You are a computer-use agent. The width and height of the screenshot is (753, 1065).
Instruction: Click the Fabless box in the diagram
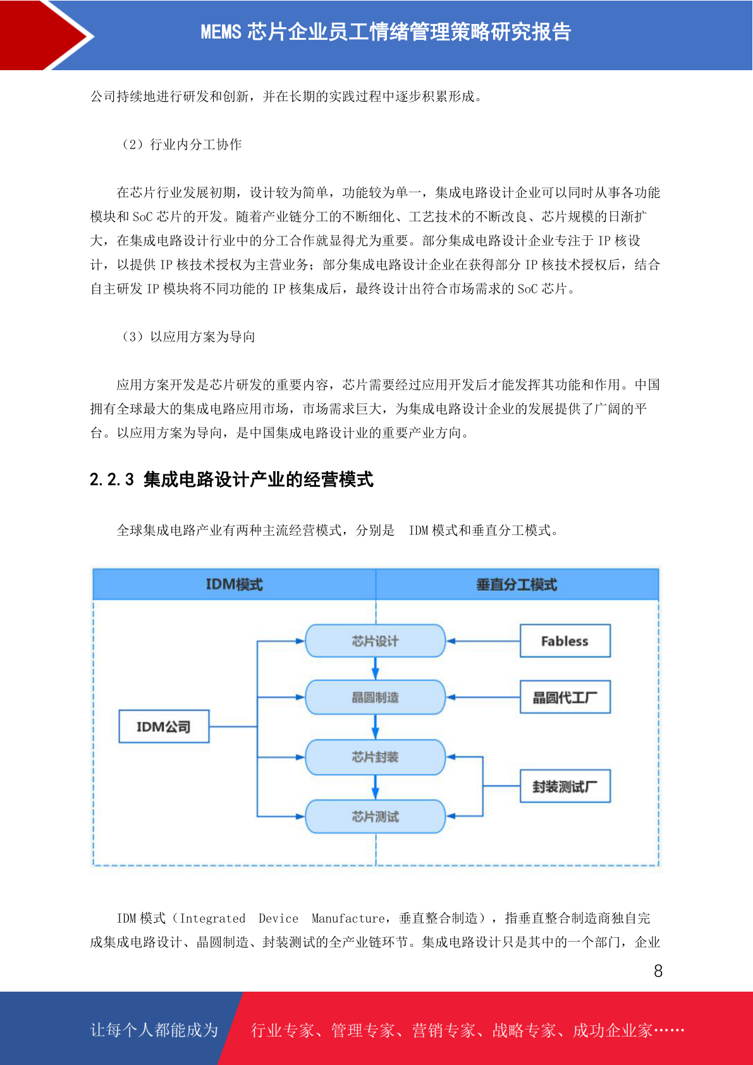pyautogui.click(x=565, y=641)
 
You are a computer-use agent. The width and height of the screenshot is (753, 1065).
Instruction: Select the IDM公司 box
pyautogui.click(x=164, y=727)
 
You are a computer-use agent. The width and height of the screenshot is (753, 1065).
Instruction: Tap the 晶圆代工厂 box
pyautogui.click(x=565, y=697)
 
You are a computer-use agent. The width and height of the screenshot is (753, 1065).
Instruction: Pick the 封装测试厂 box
pyautogui.click(x=565, y=786)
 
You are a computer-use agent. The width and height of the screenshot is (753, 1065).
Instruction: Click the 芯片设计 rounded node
pyautogui.click(x=376, y=641)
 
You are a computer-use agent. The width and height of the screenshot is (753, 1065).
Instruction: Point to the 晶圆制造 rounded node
pyautogui.click(x=376, y=697)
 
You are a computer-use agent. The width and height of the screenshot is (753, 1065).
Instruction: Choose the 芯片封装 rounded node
pyautogui.click(x=376, y=757)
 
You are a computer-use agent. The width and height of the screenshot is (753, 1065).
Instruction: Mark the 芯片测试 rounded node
pyautogui.click(x=376, y=816)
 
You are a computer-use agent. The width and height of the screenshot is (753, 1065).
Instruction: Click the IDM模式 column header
pyautogui.click(x=235, y=584)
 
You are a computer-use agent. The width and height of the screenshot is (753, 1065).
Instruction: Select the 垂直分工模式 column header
pyautogui.click(x=517, y=584)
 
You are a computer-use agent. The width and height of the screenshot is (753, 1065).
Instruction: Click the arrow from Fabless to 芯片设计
pyautogui.click(x=483, y=641)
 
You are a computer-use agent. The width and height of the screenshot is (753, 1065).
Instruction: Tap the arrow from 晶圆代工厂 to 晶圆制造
pyautogui.click(x=483, y=697)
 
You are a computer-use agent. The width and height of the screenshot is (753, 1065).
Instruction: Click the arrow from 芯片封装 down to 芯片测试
pyautogui.click(x=376, y=787)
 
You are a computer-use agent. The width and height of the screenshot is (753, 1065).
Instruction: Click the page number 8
pyautogui.click(x=658, y=971)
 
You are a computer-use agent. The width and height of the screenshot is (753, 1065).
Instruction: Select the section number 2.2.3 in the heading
pyautogui.click(x=112, y=479)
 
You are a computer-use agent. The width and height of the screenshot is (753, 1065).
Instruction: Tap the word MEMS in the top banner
pyautogui.click(x=221, y=32)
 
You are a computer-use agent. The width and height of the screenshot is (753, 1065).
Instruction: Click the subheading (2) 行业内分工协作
pyautogui.click(x=181, y=144)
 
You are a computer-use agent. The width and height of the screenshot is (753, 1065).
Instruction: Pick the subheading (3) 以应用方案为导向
pyautogui.click(x=188, y=336)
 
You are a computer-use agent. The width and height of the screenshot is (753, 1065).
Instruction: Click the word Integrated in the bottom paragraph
pyautogui.click(x=212, y=918)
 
